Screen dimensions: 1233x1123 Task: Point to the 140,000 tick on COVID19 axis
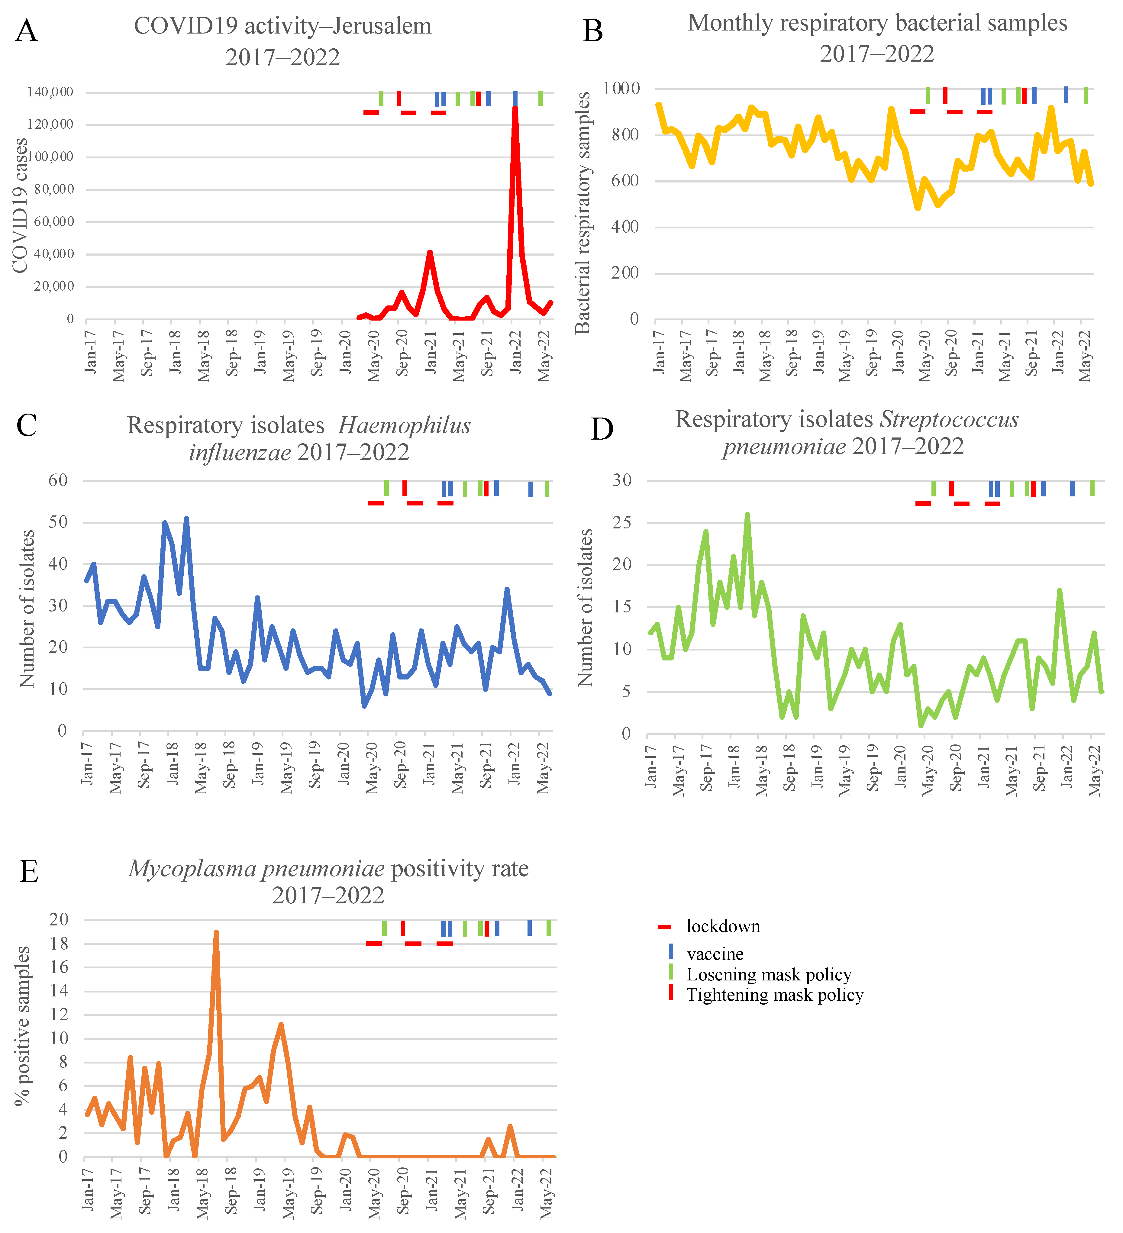point(50,92)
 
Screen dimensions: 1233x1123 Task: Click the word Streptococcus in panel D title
point(949,420)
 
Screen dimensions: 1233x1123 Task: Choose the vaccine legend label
point(715,954)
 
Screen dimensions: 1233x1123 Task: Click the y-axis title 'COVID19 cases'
point(20,205)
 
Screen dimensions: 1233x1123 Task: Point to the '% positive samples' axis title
point(23,1026)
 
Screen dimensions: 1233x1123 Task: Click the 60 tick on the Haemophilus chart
point(58,481)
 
